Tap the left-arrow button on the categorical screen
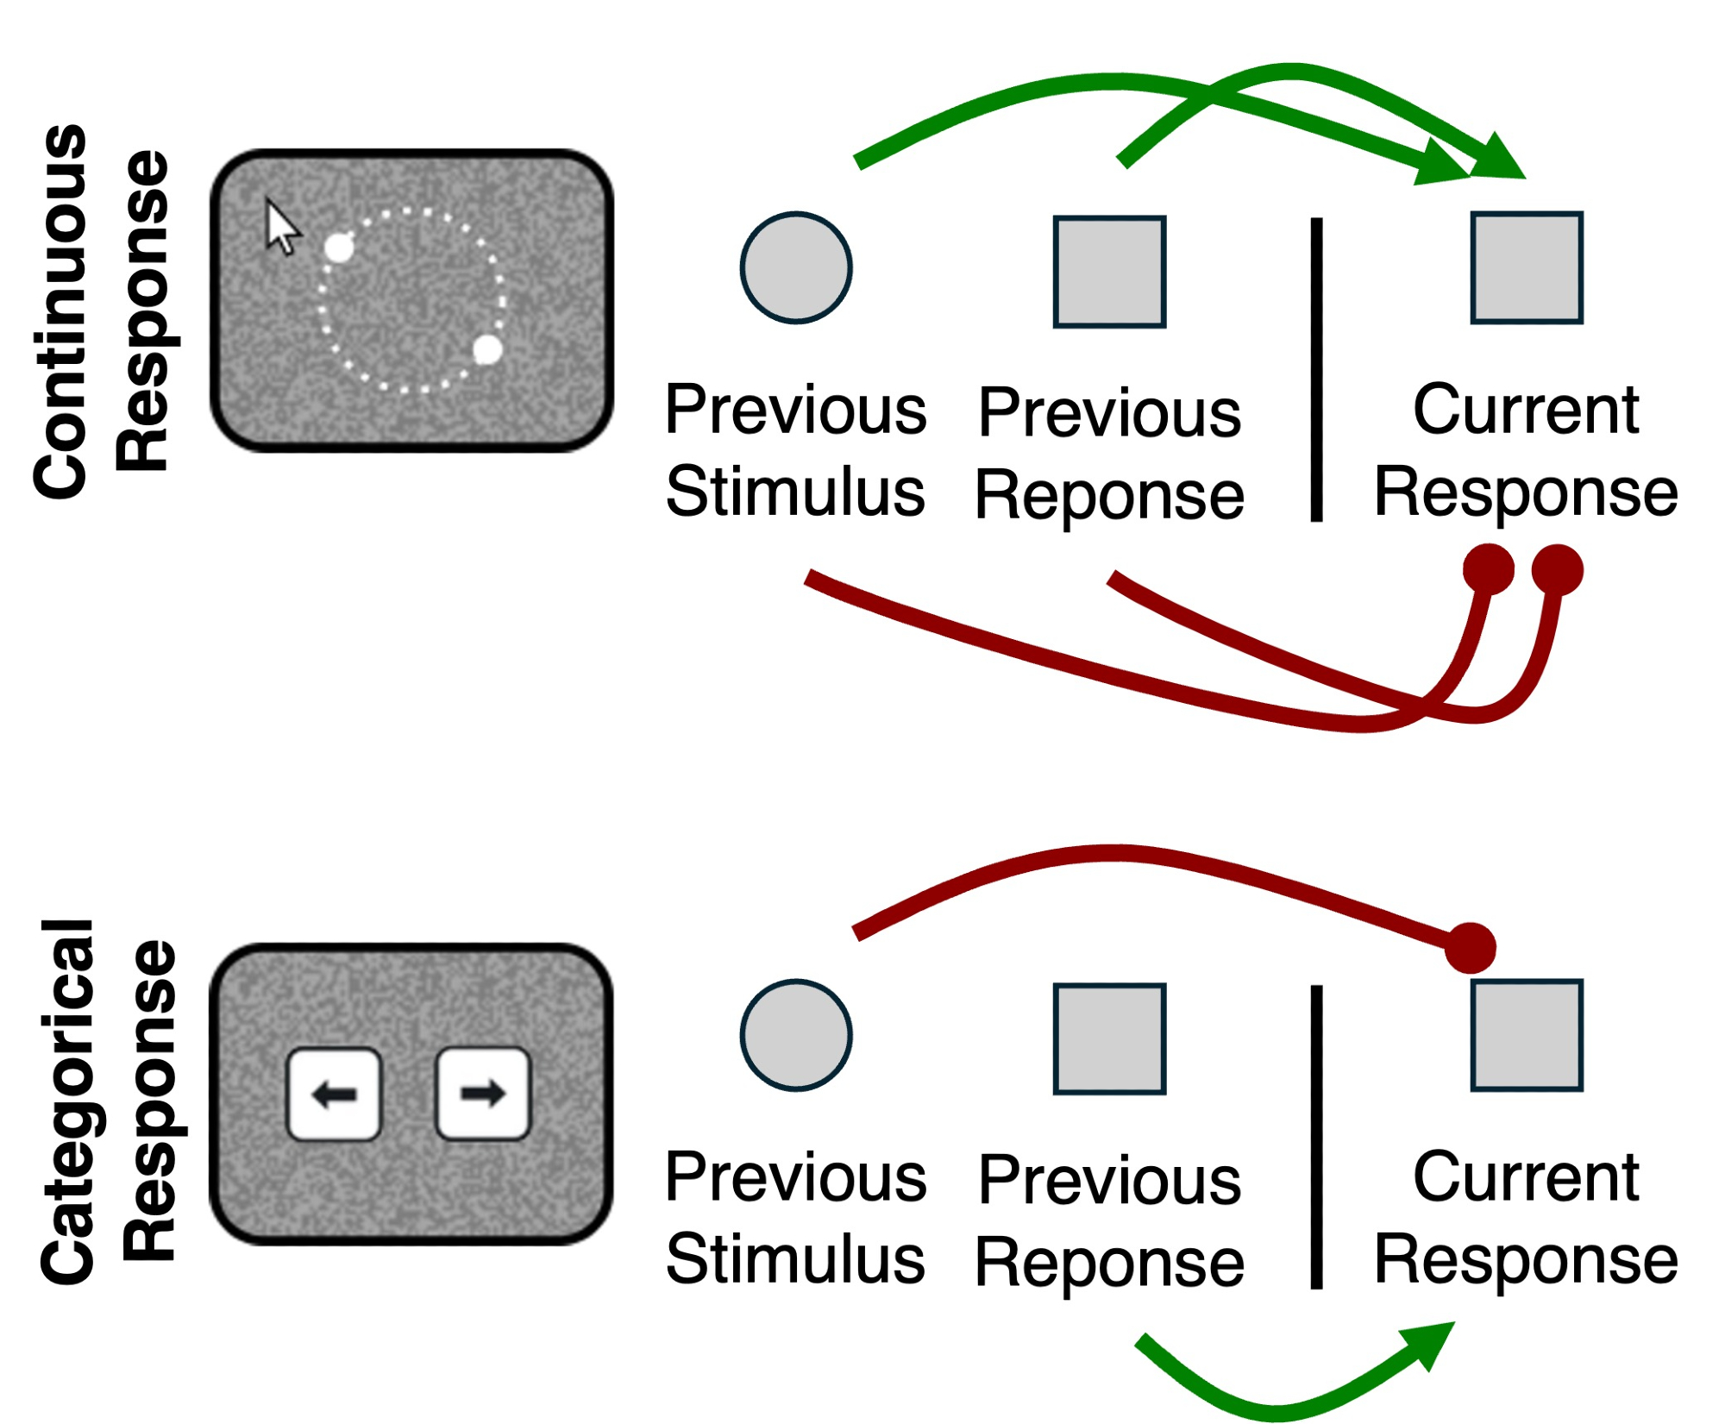[x=334, y=1095]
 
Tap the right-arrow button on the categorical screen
[x=483, y=1094]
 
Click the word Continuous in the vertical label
[x=60, y=311]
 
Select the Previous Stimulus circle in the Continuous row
[x=796, y=267]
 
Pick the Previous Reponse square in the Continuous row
[x=1109, y=272]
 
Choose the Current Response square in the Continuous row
[x=1527, y=267]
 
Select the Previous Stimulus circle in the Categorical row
[x=796, y=1035]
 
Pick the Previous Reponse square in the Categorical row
[x=1109, y=1038]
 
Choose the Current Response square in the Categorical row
[x=1527, y=1035]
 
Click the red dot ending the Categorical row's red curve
[x=1471, y=948]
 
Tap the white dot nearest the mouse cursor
[x=339, y=248]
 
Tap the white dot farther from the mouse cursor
[x=487, y=350]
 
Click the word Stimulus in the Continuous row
[x=795, y=492]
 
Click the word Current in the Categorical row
[x=1526, y=1177]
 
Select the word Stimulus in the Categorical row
[x=795, y=1259]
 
